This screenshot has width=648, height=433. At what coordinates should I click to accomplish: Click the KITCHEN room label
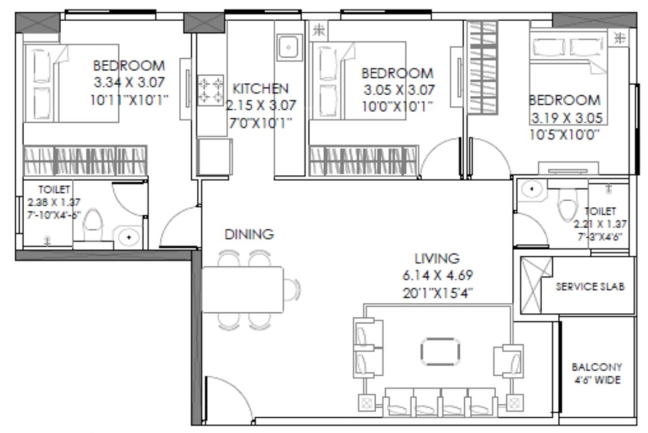[x=261, y=89]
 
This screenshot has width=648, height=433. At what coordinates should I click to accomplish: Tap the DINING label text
[x=249, y=233]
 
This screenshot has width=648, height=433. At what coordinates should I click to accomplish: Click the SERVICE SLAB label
[x=590, y=286]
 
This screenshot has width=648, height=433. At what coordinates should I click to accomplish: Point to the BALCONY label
[x=596, y=366]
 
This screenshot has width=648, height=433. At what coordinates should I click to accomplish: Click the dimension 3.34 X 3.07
[x=129, y=82]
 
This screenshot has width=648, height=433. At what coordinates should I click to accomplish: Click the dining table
[x=243, y=289]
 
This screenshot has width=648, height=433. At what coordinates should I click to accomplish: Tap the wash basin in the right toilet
[x=530, y=189]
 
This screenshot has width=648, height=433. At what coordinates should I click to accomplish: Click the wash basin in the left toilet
[x=129, y=237]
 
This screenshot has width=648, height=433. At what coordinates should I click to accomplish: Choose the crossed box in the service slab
[x=531, y=285]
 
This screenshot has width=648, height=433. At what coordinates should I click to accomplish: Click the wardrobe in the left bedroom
[x=85, y=161]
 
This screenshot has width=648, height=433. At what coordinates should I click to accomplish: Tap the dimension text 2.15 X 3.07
[x=261, y=105]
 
